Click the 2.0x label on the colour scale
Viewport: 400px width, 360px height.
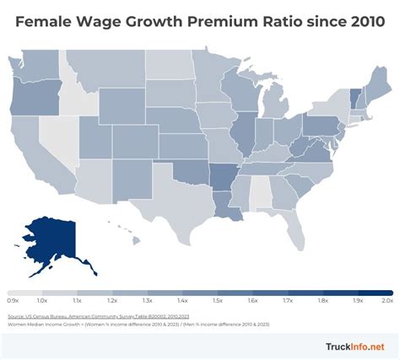[387, 300]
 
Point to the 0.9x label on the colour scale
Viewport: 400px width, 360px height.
[13, 300]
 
